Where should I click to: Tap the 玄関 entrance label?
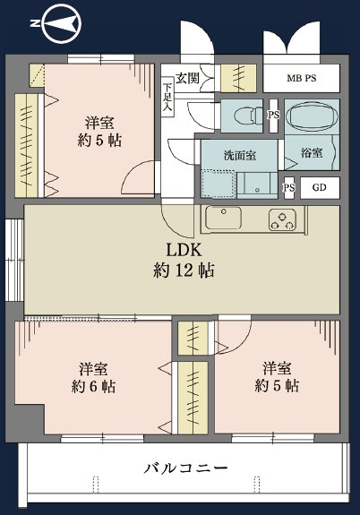click(x=188, y=78)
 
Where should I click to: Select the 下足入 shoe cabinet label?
click(x=167, y=98)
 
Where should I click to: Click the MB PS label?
click(x=302, y=78)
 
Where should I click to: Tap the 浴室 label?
click(x=312, y=153)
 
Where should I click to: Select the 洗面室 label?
click(x=239, y=154)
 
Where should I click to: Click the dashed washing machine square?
click(x=218, y=182)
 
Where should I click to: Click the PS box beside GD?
click(x=289, y=188)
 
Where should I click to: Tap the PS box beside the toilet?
click(x=274, y=116)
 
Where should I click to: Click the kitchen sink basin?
click(x=222, y=218)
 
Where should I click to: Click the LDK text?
click(x=182, y=250)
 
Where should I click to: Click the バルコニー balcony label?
click(x=186, y=468)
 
